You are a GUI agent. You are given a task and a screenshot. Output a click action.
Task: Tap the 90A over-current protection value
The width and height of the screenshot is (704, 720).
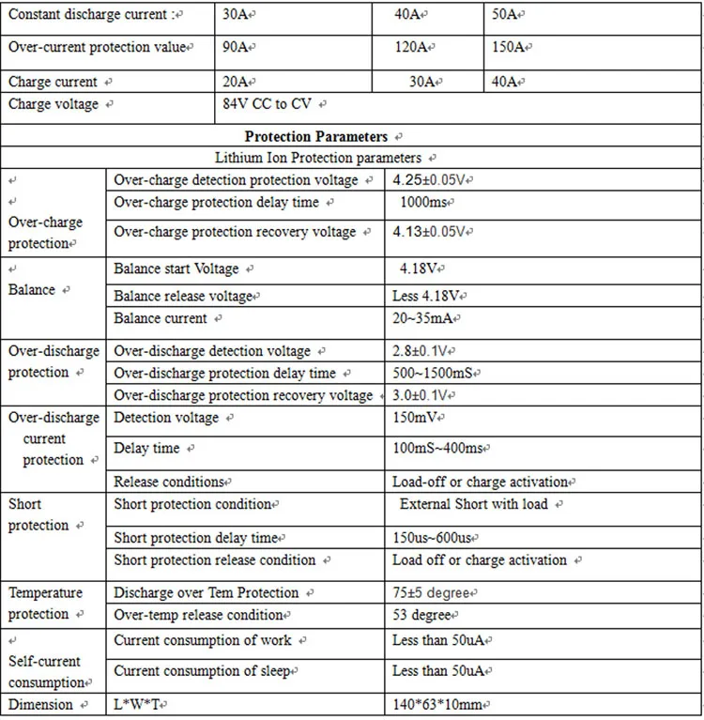click(x=235, y=47)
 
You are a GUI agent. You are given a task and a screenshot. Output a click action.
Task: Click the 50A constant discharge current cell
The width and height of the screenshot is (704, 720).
click(x=508, y=14)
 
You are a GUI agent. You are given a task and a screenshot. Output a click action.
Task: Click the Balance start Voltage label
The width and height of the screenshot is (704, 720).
click(x=176, y=268)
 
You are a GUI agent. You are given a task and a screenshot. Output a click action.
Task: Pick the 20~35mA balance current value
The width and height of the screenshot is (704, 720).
click(x=429, y=318)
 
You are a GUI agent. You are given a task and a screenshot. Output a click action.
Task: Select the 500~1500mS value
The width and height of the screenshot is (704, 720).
click(x=432, y=374)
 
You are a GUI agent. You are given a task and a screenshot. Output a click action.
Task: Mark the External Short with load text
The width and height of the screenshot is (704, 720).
click(x=474, y=504)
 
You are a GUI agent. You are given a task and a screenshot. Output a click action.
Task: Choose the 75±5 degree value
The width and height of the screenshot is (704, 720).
click(x=435, y=593)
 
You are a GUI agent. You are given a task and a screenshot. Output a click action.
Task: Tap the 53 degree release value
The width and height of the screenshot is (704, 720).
click(x=421, y=615)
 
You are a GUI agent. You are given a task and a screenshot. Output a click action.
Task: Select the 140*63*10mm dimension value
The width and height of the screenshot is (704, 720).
click(x=436, y=704)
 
